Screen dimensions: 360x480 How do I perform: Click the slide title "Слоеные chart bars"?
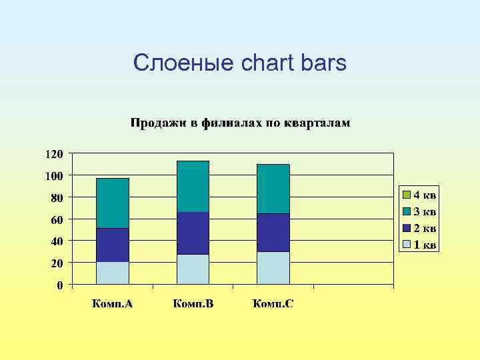(x=240, y=63)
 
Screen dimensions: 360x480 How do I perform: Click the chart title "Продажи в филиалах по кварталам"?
(x=240, y=123)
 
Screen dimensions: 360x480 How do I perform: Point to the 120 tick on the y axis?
(x=54, y=153)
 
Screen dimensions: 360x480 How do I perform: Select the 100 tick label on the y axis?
(x=54, y=175)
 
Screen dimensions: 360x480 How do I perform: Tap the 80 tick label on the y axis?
(x=57, y=197)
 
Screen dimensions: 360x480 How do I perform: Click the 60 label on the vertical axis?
(x=57, y=219)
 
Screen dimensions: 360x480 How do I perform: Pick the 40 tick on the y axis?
(x=57, y=241)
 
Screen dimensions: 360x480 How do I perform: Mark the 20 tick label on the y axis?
(x=57, y=263)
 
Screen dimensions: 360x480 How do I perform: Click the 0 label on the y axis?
(x=59, y=285)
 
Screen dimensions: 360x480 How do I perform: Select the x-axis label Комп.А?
(x=112, y=304)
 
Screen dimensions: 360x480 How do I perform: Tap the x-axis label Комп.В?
(x=193, y=304)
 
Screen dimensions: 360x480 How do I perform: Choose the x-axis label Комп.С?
(x=273, y=304)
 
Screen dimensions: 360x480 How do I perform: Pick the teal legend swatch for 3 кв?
(x=406, y=212)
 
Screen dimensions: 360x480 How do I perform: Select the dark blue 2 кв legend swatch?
(x=406, y=228)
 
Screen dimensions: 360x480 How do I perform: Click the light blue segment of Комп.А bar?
(x=113, y=273)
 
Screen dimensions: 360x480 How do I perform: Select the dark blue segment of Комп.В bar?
(x=193, y=233)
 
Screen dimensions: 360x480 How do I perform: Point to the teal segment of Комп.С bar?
(x=273, y=189)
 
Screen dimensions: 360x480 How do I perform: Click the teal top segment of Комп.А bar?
(x=113, y=203)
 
